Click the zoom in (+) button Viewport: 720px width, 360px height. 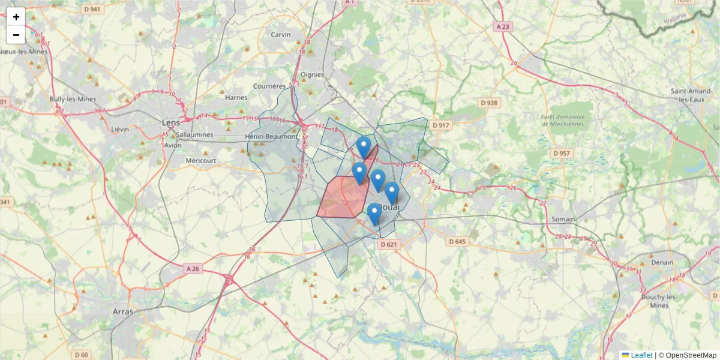[16, 17]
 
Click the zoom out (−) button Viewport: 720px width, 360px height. [16, 35]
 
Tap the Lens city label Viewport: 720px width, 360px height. [171, 122]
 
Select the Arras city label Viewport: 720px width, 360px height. [123, 311]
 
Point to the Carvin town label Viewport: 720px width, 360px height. [281, 34]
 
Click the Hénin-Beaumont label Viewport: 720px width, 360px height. [272, 137]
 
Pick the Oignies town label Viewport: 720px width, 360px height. [312, 75]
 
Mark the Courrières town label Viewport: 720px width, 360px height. [269, 86]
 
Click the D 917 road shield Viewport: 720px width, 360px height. [440, 125]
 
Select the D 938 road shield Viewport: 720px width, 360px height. [489, 103]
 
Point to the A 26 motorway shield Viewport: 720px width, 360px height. [193, 269]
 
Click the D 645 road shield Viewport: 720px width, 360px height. [457, 241]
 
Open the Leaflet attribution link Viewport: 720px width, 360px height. [641, 355]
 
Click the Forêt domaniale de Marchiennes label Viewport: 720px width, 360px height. [562, 120]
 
